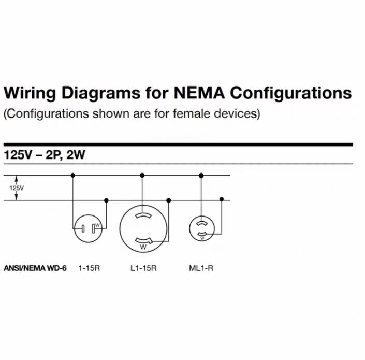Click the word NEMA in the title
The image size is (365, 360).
coord(199,93)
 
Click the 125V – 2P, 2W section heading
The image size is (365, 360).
coord(45,154)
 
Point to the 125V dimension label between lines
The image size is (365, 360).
coord(17,188)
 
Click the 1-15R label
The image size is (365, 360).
coord(89,268)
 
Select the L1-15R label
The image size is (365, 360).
coord(143,268)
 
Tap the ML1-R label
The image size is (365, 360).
coord(201,268)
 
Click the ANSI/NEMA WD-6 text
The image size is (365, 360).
coord(35,268)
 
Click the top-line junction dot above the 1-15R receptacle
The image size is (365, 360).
coord(72,176)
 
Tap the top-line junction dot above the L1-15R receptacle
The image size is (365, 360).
coord(142,176)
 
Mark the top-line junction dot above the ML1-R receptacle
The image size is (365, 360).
coord(201,176)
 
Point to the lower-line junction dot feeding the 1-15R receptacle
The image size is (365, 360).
coord(106,200)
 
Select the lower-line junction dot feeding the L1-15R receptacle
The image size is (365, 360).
coord(169,200)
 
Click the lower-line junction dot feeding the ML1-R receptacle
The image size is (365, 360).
coord(222,199)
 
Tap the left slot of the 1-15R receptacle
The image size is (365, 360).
coord(83,228)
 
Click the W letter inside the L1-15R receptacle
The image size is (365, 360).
coord(143,247)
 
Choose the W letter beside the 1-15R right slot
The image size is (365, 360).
coord(97,225)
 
